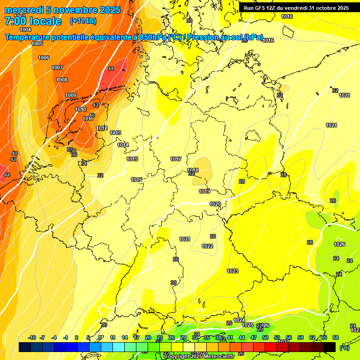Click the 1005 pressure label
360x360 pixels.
pos(37,44)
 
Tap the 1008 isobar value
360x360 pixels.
pos(62,80)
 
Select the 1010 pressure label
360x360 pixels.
pos(81,109)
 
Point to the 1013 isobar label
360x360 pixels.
pos(115,133)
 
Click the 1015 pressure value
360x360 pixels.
pos(132,159)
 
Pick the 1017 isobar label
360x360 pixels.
pos(176,159)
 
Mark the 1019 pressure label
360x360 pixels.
pos(204,191)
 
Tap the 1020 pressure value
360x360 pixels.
pos(215,204)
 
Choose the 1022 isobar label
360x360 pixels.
pos(207,246)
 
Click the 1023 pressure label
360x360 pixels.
pos(232,271)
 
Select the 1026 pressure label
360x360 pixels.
pos(339,244)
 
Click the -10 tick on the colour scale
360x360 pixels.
pos(32,337)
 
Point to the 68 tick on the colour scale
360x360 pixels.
pos(336,337)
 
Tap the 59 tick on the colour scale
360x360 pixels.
pos(300,337)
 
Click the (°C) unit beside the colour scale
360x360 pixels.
pos(344,348)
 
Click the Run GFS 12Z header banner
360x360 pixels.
pos(296,8)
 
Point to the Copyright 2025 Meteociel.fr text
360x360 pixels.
pos(199,357)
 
